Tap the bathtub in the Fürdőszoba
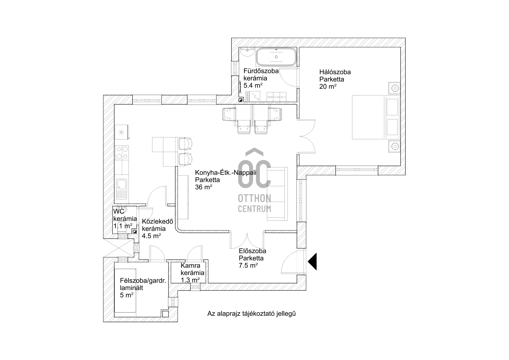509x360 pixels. [x=276, y=57]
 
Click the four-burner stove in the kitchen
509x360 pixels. [x=122, y=153]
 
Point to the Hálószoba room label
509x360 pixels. [x=335, y=72]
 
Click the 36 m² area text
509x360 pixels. [x=204, y=187]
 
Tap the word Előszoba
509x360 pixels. [x=252, y=251]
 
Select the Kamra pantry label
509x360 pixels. [x=190, y=266]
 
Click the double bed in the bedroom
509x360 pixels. [x=375, y=117]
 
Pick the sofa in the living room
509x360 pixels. [x=277, y=194]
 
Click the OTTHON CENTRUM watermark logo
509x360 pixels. [x=254, y=180]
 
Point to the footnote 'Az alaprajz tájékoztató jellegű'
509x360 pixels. [x=251, y=314]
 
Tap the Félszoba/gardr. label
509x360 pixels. [x=143, y=281]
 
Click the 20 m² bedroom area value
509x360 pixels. [x=328, y=86]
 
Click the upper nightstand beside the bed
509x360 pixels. [x=394, y=88]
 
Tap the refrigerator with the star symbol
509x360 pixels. [x=122, y=132]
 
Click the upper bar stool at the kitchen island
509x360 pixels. [x=185, y=144]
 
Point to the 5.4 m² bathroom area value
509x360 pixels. [x=253, y=85]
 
